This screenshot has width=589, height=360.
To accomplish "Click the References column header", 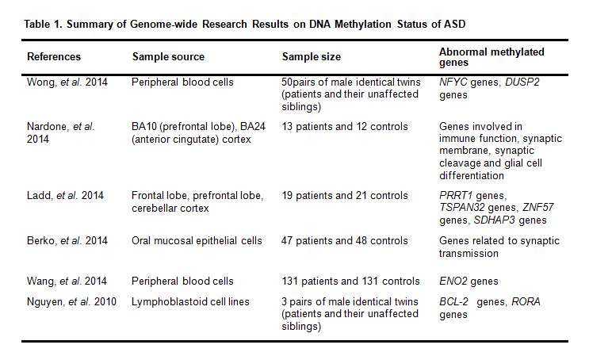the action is click(x=54, y=57).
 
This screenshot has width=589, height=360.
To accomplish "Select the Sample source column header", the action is click(x=168, y=57).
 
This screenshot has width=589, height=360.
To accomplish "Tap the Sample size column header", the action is click(x=312, y=57).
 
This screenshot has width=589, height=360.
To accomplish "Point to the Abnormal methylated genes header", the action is click(x=491, y=57).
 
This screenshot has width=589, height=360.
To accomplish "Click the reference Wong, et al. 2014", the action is click(x=67, y=82).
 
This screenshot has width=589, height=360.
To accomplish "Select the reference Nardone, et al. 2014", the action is click(x=61, y=132).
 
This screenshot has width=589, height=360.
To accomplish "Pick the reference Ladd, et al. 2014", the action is click(x=65, y=196).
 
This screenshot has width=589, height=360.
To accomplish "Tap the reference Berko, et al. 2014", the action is click(x=67, y=241).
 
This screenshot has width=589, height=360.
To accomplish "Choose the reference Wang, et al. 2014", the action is click(x=67, y=281).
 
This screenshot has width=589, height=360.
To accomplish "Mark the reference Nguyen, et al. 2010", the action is click(x=72, y=302).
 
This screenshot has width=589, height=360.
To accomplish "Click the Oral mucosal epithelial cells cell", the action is click(x=197, y=241).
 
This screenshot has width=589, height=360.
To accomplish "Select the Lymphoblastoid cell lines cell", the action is click(x=190, y=302).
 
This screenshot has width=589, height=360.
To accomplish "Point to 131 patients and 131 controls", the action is click(x=351, y=281).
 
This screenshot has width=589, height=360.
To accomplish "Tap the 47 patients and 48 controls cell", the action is click(x=345, y=241).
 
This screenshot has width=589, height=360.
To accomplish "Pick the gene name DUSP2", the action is click(x=522, y=82).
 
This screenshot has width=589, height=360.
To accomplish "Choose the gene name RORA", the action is click(x=526, y=302).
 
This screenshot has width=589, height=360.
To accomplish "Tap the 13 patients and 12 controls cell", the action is click(x=345, y=127).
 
